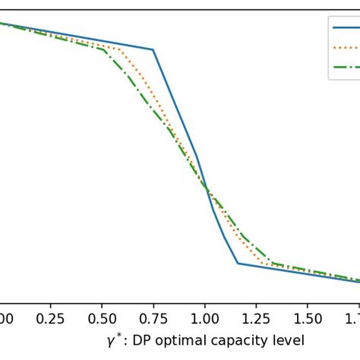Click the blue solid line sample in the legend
[x=346, y=28]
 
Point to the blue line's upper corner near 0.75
[x=153, y=50]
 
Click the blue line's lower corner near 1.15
[x=238, y=263]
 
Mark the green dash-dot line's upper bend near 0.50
[x=103, y=49]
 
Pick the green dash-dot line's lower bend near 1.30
[x=270, y=263]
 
